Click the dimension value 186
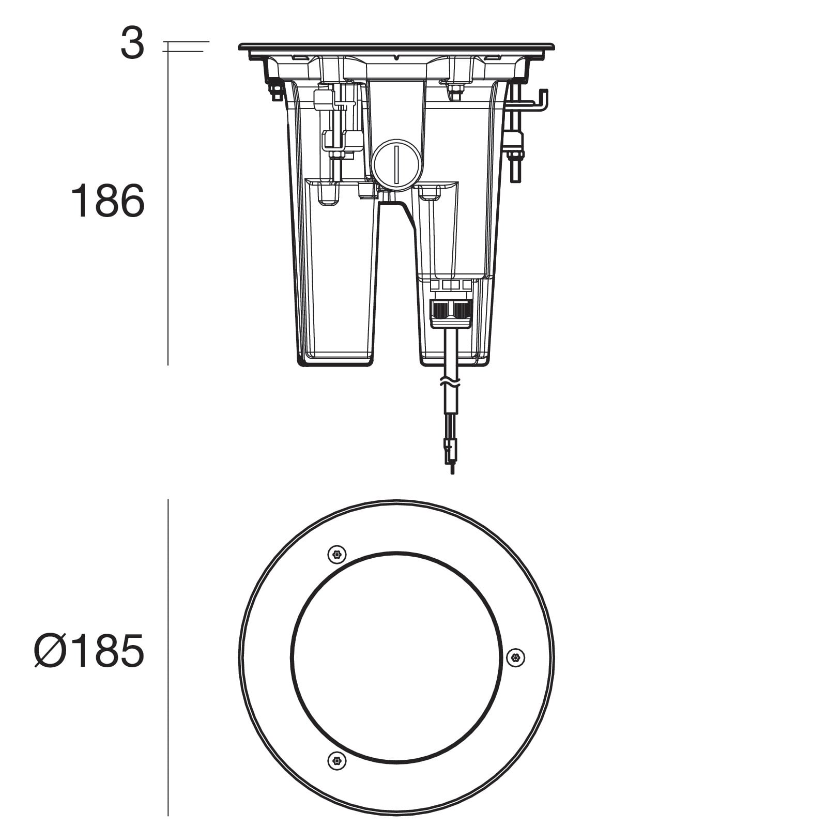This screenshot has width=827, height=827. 108,201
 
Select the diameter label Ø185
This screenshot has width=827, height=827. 89,652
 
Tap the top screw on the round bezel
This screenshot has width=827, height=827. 337,555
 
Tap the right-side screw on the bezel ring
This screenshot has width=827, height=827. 515,657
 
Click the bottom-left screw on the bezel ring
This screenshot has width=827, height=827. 337,761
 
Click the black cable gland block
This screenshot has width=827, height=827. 451,310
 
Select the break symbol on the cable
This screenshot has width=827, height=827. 450,382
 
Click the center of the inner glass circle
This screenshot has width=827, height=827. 396,657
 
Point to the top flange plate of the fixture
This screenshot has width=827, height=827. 396,47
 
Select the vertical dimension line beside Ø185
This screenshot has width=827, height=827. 168,656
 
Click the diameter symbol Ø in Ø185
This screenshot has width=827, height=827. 50,652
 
